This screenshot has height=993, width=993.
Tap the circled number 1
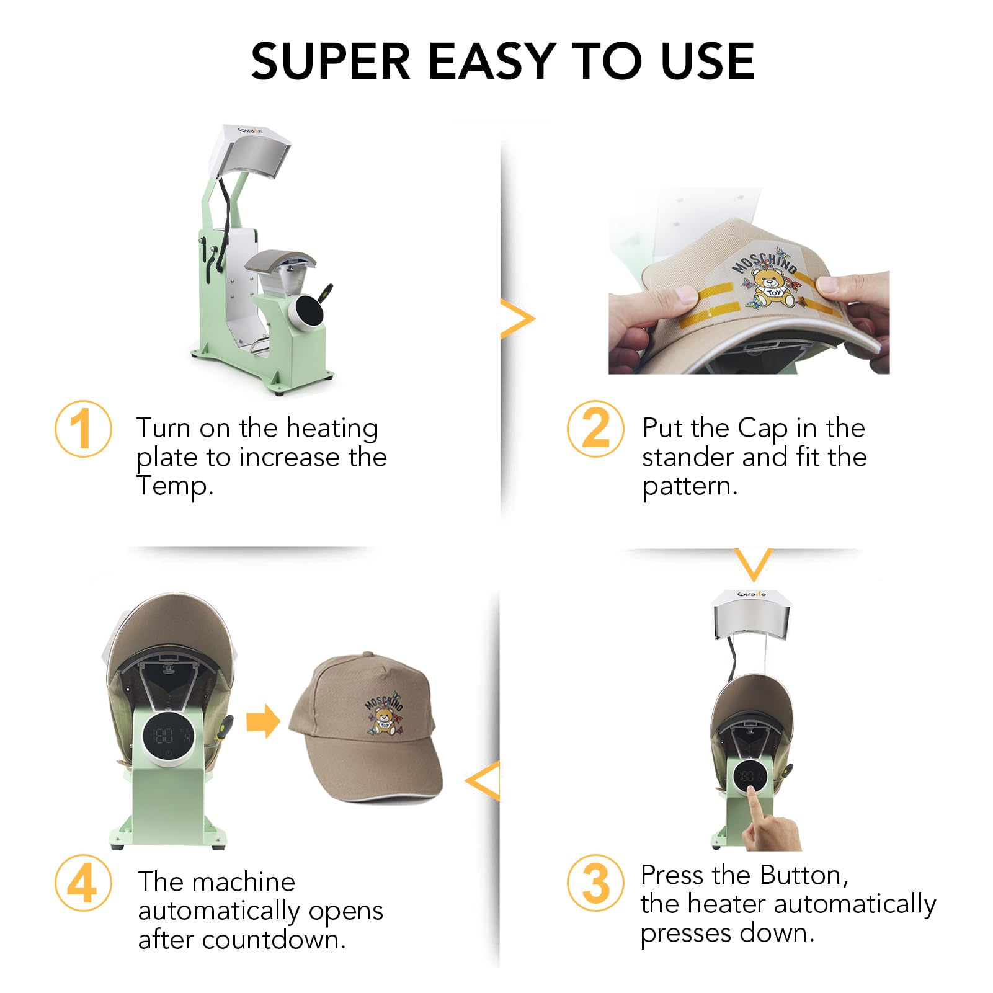pos(83,429)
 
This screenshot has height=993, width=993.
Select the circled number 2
pos(595,429)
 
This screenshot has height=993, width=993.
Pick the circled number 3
pos(595,883)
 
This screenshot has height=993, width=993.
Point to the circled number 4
pos(83,883)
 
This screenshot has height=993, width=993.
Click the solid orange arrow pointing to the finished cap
pos(263,721)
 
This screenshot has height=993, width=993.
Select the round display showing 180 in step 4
pos(167,736)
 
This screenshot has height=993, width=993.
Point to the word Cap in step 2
pos(762,429)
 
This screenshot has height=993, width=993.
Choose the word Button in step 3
pos(803,875)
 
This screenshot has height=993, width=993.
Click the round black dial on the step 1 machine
pos(309,310)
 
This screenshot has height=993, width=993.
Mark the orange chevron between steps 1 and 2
pos(517,319)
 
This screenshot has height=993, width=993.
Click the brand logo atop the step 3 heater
pos(752,594)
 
